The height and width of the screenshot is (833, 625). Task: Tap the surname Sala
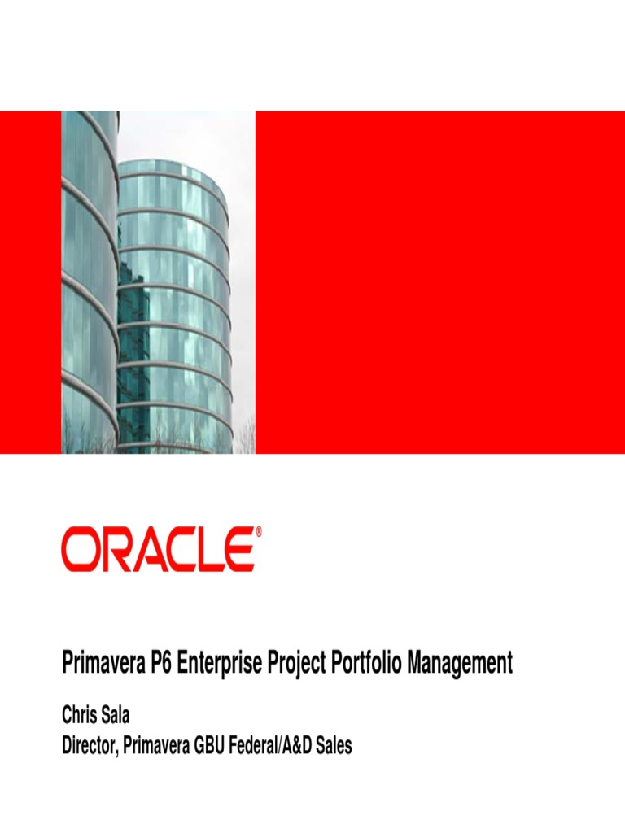click(116, 716)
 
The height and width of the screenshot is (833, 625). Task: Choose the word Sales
click(333, 745)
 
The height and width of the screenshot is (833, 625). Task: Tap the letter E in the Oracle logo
click(239, 549)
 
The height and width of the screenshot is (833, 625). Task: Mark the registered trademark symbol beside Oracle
click(259, 532)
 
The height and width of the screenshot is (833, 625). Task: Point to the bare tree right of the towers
click(244, 435)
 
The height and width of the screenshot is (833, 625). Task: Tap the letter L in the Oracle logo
click(210, 549)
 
